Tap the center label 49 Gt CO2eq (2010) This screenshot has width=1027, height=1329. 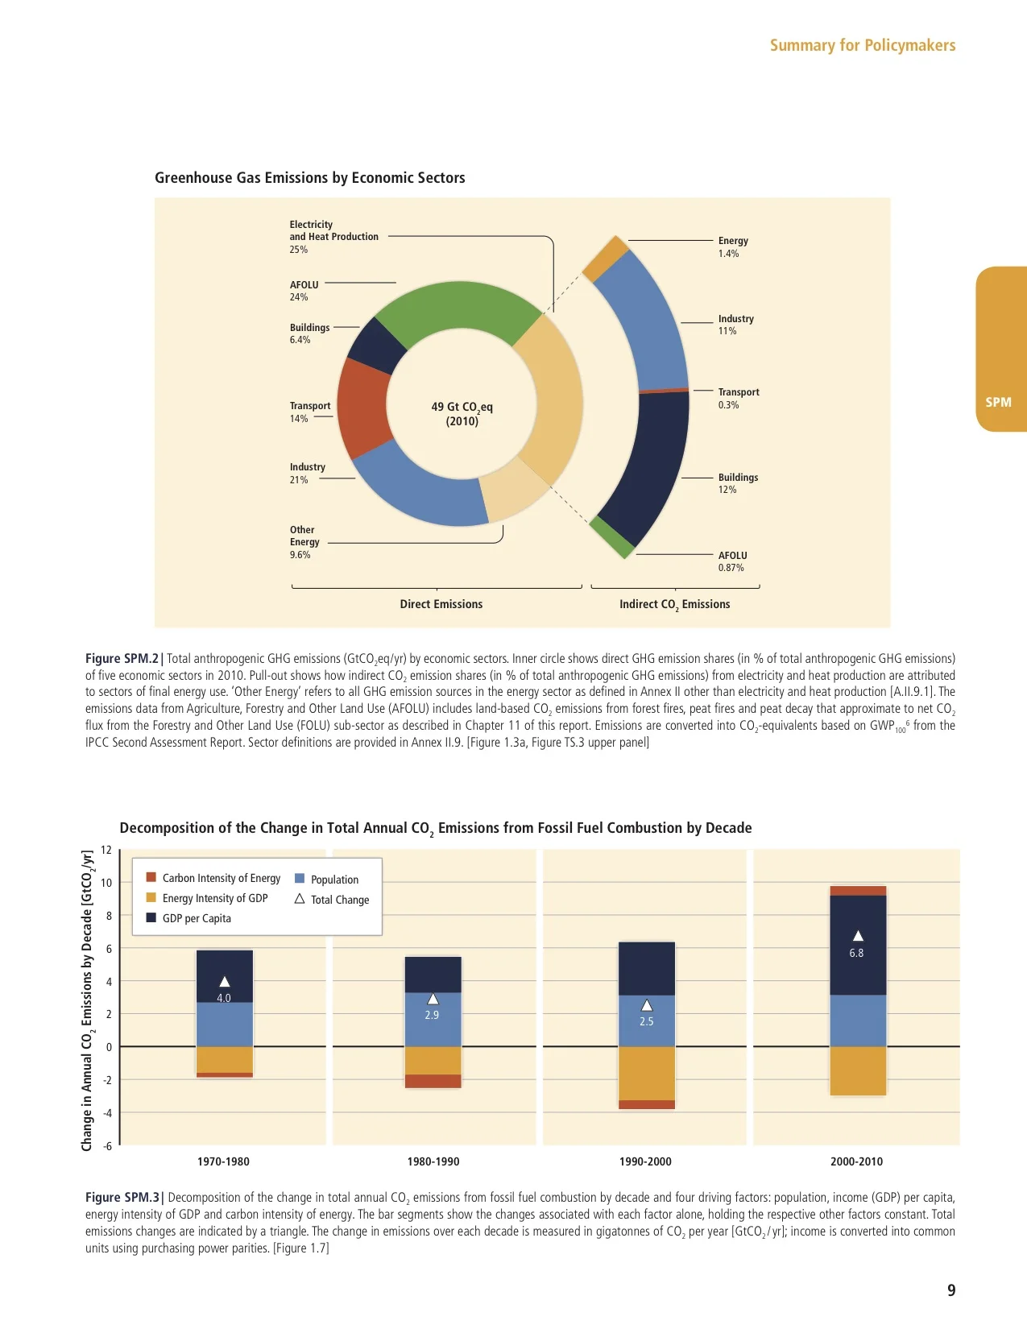coord(462,413)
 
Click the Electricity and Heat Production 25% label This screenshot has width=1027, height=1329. coord(333,237)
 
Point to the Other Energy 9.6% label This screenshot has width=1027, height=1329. coord(304,542)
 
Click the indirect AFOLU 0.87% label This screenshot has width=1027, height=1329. coord(732,561)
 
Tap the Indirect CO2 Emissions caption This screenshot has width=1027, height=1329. coord(674,604)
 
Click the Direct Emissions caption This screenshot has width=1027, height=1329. coord(441,604)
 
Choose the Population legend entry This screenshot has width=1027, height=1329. coord(333,880)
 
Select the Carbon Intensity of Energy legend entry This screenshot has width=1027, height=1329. coord(221,878)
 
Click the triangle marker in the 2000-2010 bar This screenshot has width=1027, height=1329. coord(858,936)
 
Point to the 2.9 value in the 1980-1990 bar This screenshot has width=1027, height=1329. coord(432,1015)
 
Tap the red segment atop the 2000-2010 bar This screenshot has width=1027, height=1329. coord(857,891)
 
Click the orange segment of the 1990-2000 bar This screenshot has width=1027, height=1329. coord(646,1073)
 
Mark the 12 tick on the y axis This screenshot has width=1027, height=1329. coord(106,851)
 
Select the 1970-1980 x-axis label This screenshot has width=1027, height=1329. coord(223,1161)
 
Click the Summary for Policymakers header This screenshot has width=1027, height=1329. coord(862,45)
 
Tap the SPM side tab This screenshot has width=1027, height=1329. coord(999,401)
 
